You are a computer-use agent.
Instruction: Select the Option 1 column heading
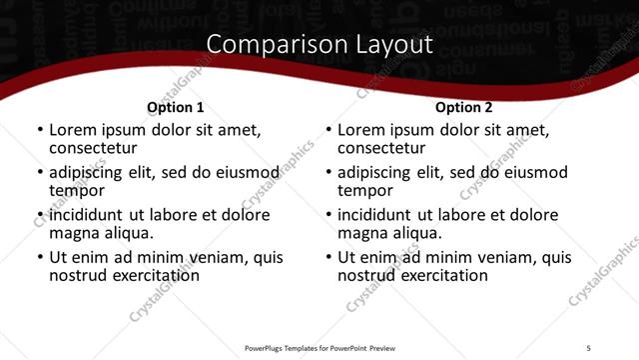click(x=175, y=107)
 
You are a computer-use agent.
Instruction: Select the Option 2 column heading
click(x=463, y=107)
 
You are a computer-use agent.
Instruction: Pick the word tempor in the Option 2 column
click(x=365, y=190)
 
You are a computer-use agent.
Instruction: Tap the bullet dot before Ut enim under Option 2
click(x=327, y=258)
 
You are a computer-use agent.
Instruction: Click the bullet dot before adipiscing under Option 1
click(x=39, y=173)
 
